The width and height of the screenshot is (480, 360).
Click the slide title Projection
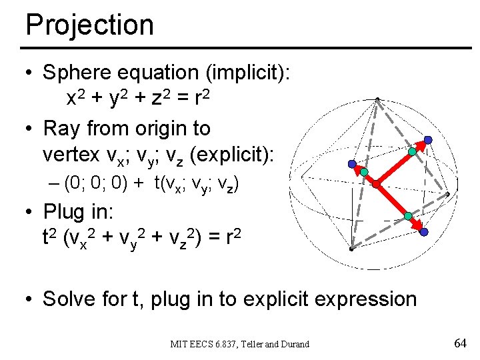pos(89,25)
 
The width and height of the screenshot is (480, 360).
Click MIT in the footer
pos(179,344)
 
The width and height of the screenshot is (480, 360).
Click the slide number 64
pos(459,343)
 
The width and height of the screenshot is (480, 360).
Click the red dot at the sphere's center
pos(376,183)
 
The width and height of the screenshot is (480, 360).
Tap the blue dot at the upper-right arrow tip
pos(428,140)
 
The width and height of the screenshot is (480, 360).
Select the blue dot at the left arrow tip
pos(352,164)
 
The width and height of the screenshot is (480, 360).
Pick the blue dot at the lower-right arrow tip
pos(423,231)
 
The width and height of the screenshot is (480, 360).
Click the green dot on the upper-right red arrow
pos(412,152)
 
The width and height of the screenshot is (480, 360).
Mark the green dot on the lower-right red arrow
pos(408,217)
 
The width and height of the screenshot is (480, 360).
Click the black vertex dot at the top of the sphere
pos(377,100)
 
